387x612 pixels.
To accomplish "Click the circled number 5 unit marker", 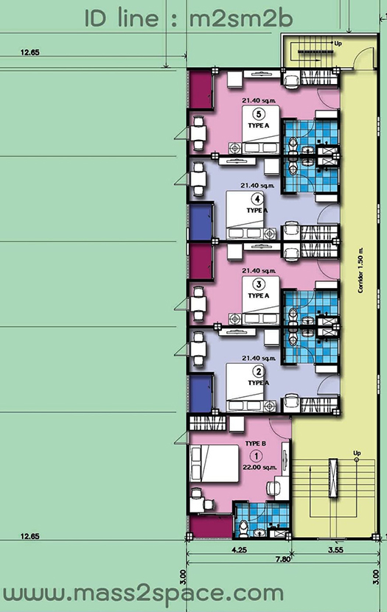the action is (x=259, y=114).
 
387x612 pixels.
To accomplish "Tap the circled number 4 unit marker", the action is (x=257, y=200).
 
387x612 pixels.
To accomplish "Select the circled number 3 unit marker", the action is (x=259, y=284).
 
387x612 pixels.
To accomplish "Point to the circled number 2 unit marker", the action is (x=258, y=371).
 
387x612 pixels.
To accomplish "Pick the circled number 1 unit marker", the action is (x=257, y=455).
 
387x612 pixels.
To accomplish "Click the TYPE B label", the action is (x=255, y=443).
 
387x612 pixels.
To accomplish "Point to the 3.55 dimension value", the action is (x=336, y=550).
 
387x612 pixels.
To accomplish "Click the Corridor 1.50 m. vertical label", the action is (x=360, y=270).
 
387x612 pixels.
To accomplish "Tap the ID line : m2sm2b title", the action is (x=189, y=18).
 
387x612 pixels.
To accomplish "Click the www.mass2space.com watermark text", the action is (x=142, y=594).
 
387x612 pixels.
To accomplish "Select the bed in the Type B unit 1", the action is (x=214, y=464).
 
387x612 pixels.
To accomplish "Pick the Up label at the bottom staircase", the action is (x=357, y=453).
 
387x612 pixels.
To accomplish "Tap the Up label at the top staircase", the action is (x=338, y=43).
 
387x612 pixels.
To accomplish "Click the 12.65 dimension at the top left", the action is (x=30, y=52).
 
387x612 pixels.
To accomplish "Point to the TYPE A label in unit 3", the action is (x=259, y=296).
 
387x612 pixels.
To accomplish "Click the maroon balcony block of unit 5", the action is (x=201, y=91).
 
